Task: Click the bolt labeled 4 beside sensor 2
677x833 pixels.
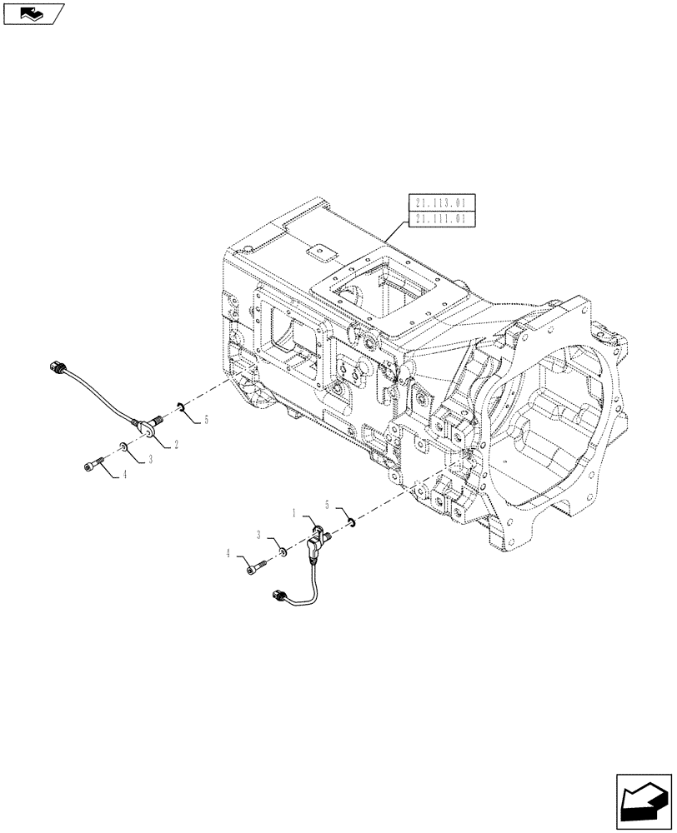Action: pos(93,466)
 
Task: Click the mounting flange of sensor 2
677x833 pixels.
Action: pos(148,427)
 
